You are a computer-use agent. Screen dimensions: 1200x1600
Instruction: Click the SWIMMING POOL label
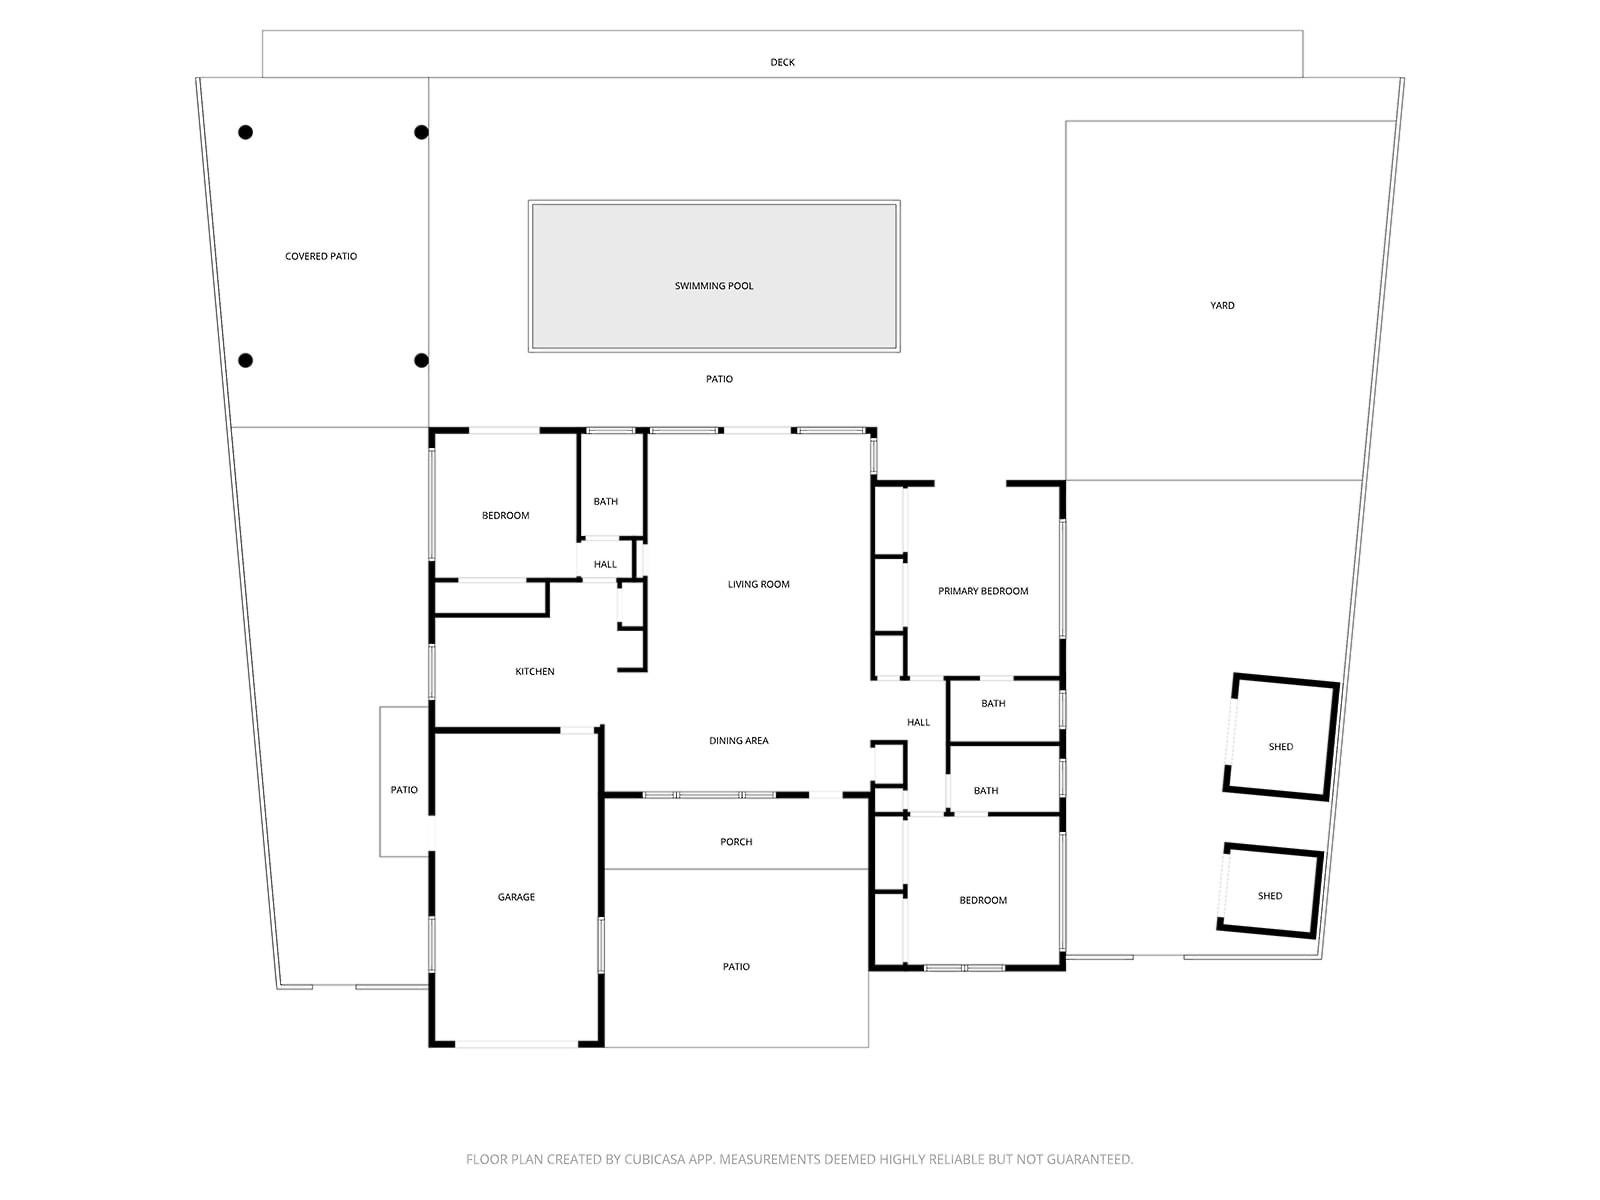click(x=714, y=286)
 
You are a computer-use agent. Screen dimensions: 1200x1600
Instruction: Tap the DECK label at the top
click(x=782, y=62)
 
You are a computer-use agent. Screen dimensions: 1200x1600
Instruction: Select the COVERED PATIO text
click(x=321, y=256)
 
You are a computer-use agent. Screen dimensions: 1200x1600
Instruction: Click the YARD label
click(x=1222, y=305)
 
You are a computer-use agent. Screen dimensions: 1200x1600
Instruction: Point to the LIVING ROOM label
click(x=758, y=584)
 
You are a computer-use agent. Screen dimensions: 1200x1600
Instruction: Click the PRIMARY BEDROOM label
click(x=983, y=591)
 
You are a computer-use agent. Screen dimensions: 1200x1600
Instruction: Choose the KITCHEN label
click(x=535, y=671)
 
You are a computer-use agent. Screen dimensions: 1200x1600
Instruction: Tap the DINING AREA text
click(x=739, y=741)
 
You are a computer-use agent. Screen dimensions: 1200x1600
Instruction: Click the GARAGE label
click(x=516, y=897)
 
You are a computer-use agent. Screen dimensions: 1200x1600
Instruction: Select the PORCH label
click(x=736, y=842)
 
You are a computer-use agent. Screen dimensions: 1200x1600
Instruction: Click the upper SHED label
click(x=1281, y=747)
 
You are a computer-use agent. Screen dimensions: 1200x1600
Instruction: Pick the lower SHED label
click(x=1270, y=896)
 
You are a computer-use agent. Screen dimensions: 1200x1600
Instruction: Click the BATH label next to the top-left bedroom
click(x=606, y=501)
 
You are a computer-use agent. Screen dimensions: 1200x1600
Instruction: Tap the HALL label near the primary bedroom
click(x=918, y=722)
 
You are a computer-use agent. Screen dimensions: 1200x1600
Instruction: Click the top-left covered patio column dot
click(x=245, y=132)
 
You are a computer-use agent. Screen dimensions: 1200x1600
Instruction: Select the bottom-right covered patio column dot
click(x=421, y=360)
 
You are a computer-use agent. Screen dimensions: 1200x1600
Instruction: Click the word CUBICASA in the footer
click(x=655, y=1160)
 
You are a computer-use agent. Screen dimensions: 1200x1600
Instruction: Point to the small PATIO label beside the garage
click(x=404, y=790)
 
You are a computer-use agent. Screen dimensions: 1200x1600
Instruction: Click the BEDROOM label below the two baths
click(x=983, y=900)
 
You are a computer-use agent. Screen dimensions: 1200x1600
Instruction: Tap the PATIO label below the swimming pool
click(x=719, y=379)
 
